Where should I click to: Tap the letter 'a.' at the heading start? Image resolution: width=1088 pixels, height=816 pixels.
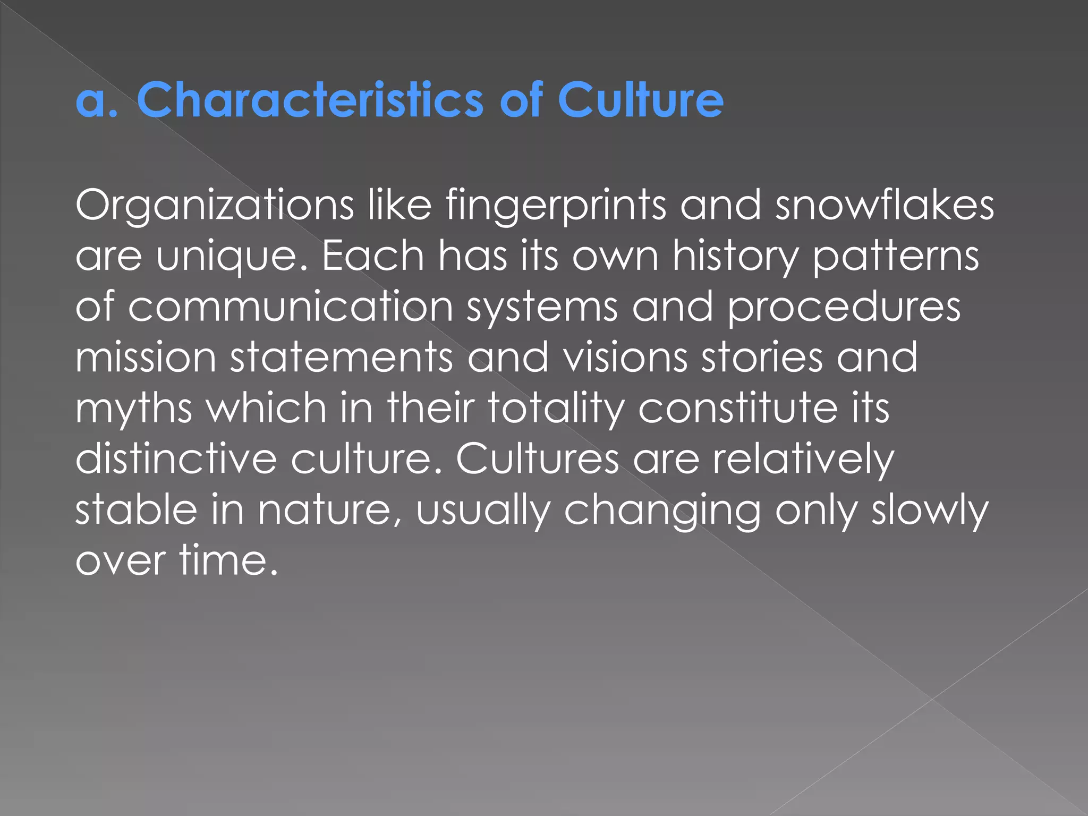point(96,101)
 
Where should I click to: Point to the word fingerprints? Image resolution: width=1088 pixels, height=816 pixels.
point(556,206)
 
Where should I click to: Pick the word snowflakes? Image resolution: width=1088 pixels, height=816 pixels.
point(885,205)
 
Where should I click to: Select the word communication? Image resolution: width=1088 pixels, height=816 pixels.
point(290,307)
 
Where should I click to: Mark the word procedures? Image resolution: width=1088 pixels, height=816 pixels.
point(844,307)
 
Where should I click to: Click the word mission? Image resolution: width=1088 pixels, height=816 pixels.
point(146,357)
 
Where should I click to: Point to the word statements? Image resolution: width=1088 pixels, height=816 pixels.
point(342,357)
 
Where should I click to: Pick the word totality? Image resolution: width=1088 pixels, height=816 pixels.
point(556,408)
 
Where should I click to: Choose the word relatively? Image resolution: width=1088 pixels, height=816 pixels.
point(803,459)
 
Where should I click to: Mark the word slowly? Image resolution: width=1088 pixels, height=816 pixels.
point(930,510)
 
